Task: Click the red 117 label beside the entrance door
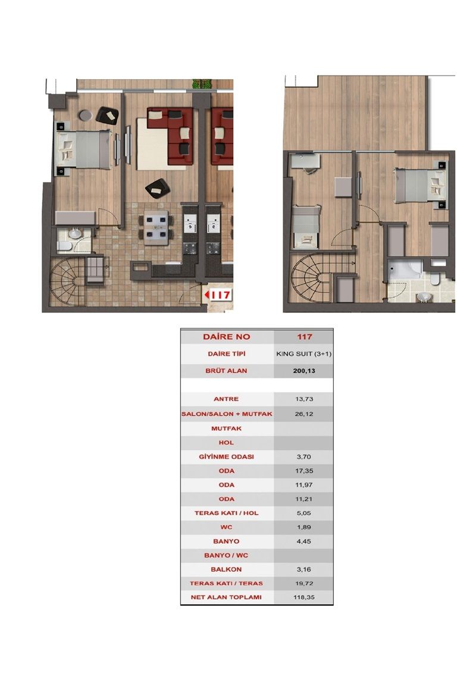point(217,294)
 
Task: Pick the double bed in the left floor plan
point(84,149)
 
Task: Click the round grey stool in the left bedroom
point(85,115)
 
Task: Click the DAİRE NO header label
point(226,337)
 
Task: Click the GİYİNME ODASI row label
point(226,456)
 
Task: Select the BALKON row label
point(226,569)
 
